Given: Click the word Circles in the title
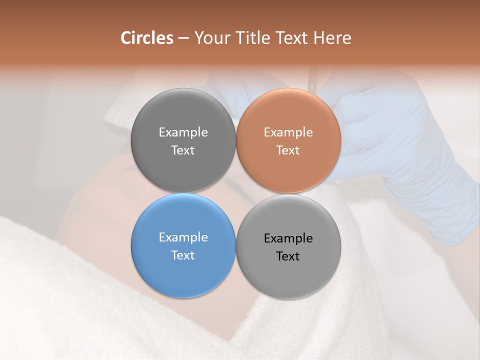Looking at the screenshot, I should click(147, 38).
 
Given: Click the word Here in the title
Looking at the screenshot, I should click(332, 38).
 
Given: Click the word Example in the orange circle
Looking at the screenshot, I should click(288, 132).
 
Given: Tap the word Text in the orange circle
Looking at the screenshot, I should click(288, 150).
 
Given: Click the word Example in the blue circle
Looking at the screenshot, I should click(183, 237).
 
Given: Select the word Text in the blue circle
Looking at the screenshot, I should click(183, 255).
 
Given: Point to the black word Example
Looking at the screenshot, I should click(288, 238).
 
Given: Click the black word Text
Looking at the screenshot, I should click(288, 256).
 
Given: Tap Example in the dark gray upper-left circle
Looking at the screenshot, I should click(183, 132).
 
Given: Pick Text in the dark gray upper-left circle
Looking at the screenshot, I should click(183, 150).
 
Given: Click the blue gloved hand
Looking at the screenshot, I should click(400, 150).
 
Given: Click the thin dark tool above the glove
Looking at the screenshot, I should click(312, 80).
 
